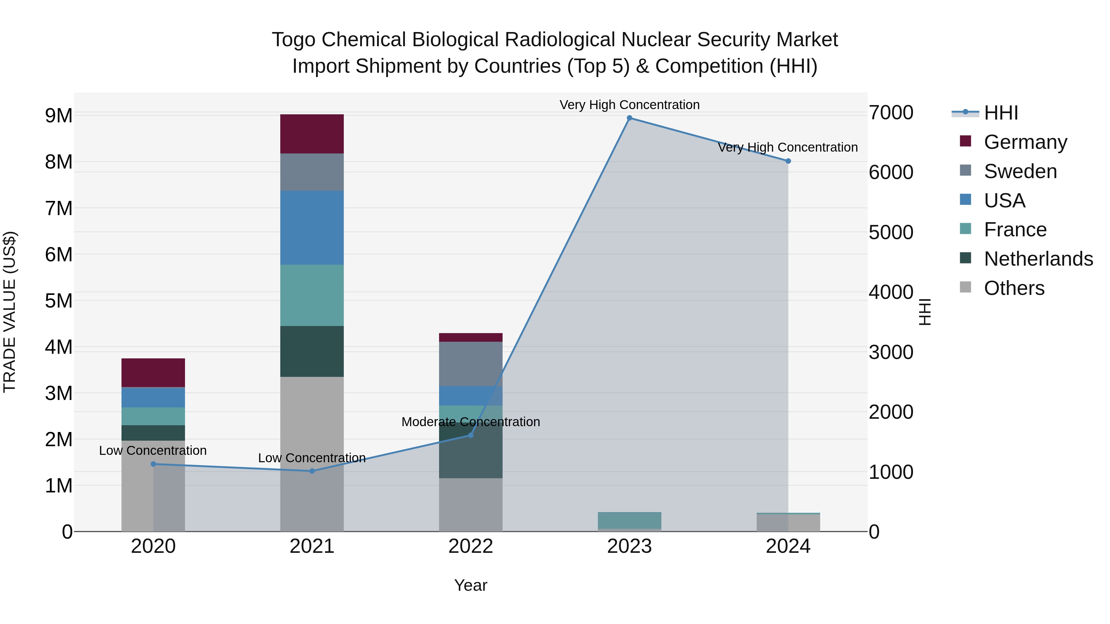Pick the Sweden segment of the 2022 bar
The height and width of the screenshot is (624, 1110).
[x=471, y=364]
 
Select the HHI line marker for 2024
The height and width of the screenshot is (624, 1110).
[x=788, y=161]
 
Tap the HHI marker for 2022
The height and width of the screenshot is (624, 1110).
[x=471, y=435]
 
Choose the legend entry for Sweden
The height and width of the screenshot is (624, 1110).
[x=1020, y=171]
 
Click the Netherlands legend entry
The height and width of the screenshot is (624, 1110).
[x=1038, y=259]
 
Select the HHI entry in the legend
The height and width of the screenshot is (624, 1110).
[x=1001, y=113]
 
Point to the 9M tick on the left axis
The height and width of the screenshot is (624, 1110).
[x=59, y=116]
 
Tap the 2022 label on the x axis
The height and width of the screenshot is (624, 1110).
[x=471, y=546]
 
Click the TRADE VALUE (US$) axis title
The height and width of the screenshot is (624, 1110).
[x=10, y=312]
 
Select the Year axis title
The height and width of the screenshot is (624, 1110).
[x=471, y=585]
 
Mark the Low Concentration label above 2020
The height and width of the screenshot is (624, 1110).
[x=153, y=451]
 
